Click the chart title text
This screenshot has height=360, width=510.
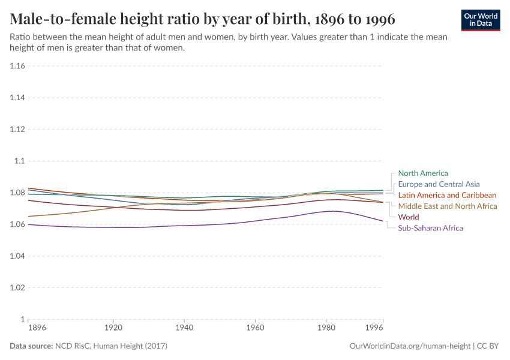coord(202,17)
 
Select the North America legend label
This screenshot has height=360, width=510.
coord(423,173)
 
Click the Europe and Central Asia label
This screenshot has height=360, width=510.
coord(439,184)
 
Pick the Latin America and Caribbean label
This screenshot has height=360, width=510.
coord(447,195)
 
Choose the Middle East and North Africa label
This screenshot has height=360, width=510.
coord(448,206)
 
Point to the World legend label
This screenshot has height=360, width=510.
coord(409,217)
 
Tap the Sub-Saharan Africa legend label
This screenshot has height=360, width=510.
coord(430,228)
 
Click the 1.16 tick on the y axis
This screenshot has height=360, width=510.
coord(17,66)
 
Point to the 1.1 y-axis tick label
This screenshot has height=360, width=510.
coord(20,161)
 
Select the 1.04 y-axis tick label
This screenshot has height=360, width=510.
coord(17,256)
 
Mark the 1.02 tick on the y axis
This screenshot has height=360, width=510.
coord(17,287)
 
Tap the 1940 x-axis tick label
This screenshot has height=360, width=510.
coord(184,329)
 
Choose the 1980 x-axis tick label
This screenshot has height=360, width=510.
coord(326,329)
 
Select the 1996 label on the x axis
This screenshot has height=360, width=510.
coord(374,329)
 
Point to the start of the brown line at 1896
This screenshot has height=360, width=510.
coord(29,216)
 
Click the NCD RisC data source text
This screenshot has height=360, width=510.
coord(111,346)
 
